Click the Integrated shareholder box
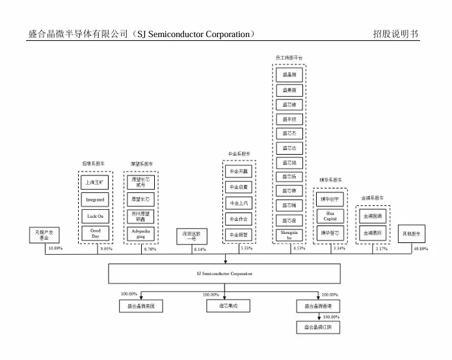pyautogui.click(x=95, y=200)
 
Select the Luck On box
pyautogui.click(x=95, y=217)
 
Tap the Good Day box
pyautogui.click(x=95, y=234)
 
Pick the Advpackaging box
pyautogui.click(x=140, y=234)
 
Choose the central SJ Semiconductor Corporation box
pyautogui.click(x=224, y=274)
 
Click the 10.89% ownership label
pyautogui.click(x=55, y=249)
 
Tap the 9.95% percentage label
pyautogui.click(x=107, y=249)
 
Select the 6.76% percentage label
pyautogui.click(x=150, y=249)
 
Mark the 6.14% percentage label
pyautogui.click(x=200, y=249)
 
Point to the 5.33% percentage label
pyautogui.click(x=246, y=248)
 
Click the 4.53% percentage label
pyautogui.click(x=299, y=248)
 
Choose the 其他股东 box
pyautogui.click(x=411, y=233)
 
